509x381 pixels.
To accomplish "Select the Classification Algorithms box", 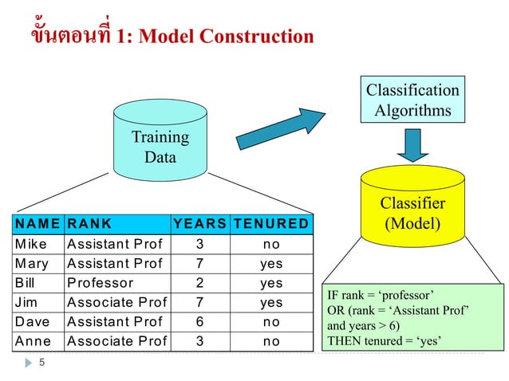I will [412, 100].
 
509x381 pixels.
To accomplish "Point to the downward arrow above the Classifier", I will [412, 144].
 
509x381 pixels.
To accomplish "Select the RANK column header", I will [89, 224].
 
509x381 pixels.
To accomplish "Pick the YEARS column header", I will [200, 224].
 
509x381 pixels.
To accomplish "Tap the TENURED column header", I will [271, 224].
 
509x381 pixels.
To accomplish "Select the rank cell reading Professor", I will [100, 283].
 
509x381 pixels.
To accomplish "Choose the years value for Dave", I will [200, 322].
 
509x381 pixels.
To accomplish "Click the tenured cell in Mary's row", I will [271, 264].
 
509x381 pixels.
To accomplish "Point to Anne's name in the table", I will [33, 341].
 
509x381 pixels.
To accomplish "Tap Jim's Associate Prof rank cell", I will [117, 303].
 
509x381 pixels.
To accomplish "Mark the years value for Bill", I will [200, 283].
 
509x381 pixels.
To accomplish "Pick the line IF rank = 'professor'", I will [380, 294].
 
